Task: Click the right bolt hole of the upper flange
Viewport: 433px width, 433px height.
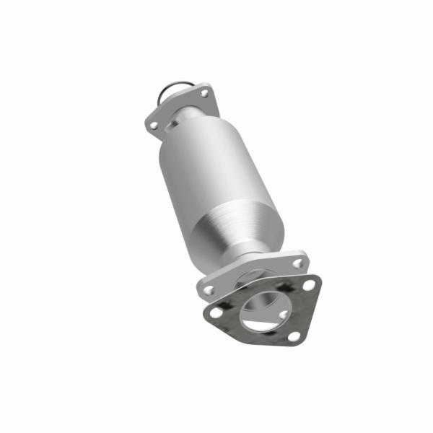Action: (204, 94)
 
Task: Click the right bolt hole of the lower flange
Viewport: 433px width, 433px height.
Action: (298, 263)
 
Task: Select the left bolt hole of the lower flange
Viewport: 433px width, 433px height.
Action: (209, 289)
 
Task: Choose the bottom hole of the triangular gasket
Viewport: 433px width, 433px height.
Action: (293, 336)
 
